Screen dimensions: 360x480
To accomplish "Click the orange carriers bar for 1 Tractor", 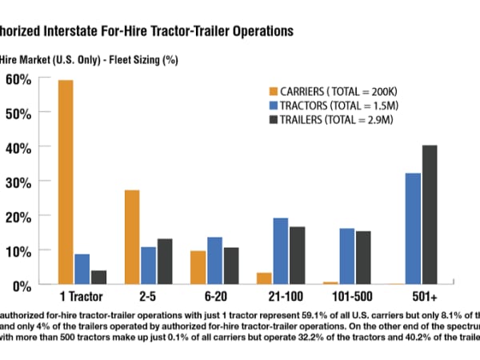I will [x=66, y=182].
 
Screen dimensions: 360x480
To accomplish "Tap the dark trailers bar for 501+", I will [x=430, y=214].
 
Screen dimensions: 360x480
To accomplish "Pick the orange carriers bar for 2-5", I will [x=132, y=237].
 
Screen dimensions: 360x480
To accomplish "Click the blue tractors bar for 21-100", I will [x=280, y=251].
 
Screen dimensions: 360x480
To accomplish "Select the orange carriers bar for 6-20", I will [x=198, y=267].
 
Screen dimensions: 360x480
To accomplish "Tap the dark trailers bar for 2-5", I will [x=165, y=262].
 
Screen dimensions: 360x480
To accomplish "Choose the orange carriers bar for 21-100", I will [x=263, y=278].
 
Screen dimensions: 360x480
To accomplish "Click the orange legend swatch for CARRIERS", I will [x=272, y=90].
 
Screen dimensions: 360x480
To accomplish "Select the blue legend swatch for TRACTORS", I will [x=272, y=105].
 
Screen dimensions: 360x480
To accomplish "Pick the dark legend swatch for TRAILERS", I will [x=272, y=119].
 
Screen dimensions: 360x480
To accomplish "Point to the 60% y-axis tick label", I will [x=18, y=79].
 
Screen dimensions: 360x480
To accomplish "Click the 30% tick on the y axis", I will [x=18, y=182].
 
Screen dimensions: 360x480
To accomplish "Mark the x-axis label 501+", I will [x=421, y=297].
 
